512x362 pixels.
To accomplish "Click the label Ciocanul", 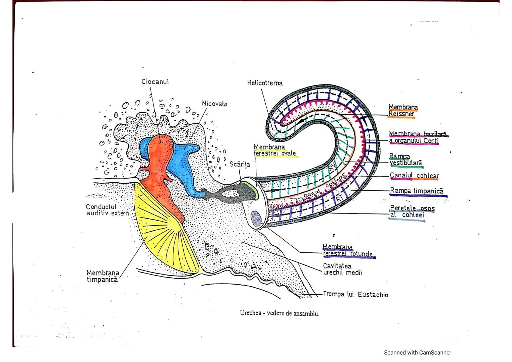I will [x=155, y=82].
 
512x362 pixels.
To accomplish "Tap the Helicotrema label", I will [x=265, y=83].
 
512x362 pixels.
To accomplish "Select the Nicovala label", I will [x=214, y=104].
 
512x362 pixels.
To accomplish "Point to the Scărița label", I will [x=240, y=165].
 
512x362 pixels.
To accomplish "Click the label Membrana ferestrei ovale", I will [x=274, y=150].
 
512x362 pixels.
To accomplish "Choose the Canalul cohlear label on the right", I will [x=414, y=176].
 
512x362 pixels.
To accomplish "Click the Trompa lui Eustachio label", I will [x=356, y=295].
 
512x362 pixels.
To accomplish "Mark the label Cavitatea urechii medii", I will [x=342, y=269].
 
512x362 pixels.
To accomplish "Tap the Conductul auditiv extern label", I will [x=107, y=210].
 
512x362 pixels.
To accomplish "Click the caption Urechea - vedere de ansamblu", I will [x=279, y=313].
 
